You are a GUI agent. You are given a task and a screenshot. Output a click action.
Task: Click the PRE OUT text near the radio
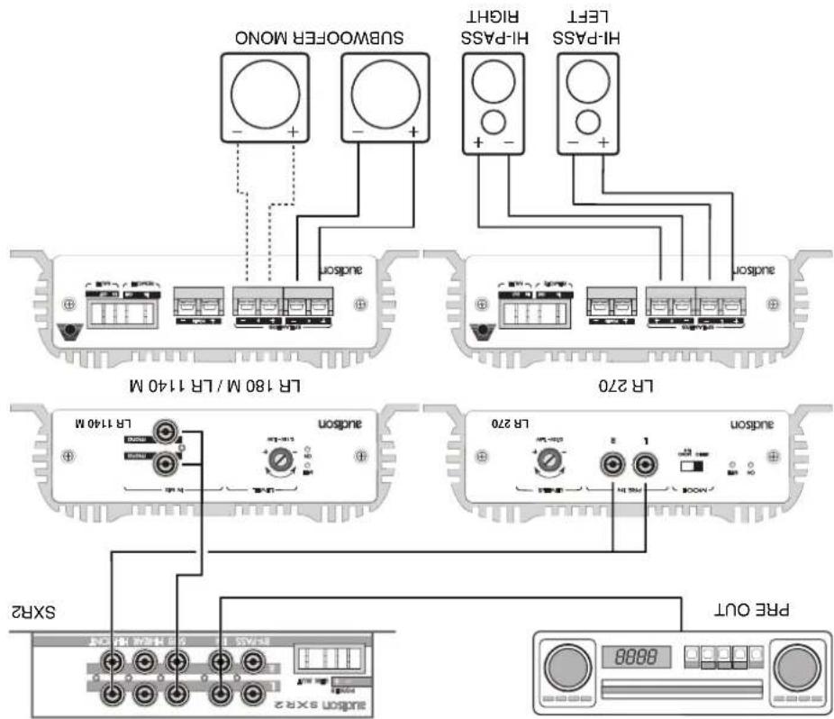(744, 609)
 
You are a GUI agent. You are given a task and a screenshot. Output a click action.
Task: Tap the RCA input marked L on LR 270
(643, 466)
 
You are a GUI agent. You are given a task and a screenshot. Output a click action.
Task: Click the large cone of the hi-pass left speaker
(589, 87)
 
